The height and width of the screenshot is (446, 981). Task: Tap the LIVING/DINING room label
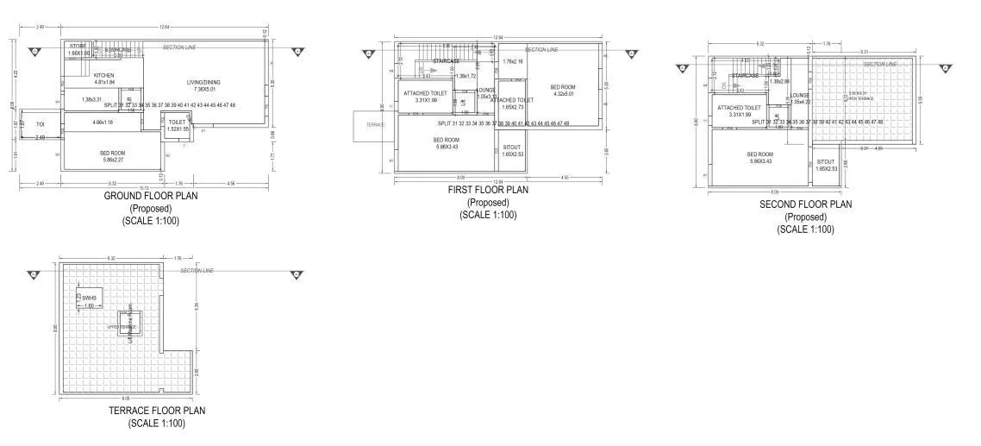204,85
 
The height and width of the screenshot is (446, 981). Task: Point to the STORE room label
78,49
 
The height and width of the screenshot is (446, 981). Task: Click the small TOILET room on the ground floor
177,126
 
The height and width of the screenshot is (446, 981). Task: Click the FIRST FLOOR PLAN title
488,190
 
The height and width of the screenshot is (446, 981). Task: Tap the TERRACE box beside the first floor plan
375,125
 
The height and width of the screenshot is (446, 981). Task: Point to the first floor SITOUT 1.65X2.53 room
512,151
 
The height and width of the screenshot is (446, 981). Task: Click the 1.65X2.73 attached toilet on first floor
517,104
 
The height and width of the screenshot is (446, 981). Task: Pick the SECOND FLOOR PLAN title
805,204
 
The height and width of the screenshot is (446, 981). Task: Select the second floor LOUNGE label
800,98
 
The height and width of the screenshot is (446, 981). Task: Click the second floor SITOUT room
825,165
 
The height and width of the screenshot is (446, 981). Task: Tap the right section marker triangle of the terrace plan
297,276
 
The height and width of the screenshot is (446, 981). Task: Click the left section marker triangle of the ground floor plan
34,52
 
